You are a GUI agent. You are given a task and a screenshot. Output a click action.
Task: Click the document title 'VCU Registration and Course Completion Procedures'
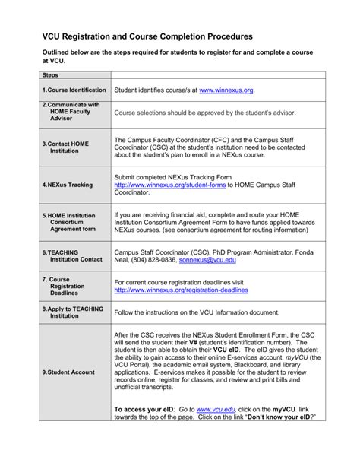147,36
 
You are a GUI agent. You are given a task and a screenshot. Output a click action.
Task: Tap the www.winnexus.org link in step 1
226,90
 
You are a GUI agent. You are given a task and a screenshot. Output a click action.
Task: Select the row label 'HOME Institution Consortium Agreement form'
70,222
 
